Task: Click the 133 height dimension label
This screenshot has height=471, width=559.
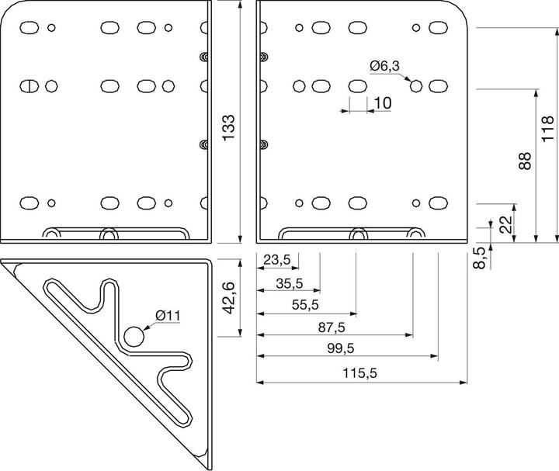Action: coord(227,127)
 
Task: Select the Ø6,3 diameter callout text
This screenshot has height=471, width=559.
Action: coord(385,66)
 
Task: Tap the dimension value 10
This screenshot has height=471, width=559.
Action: coord(382,103)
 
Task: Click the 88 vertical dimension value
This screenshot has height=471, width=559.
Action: coord(526,161)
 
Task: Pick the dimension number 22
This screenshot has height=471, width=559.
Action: coord(505,225)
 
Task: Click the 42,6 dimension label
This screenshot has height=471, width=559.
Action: coord(227,297)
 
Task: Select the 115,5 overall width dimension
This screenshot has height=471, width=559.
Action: coord(359,373)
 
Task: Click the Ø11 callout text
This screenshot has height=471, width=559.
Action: coord(168,315)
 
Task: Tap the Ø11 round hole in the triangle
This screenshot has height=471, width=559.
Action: coord(134,336)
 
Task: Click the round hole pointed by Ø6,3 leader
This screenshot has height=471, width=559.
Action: coord(416,85)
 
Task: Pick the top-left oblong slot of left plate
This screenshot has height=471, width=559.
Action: coord(30,28)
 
